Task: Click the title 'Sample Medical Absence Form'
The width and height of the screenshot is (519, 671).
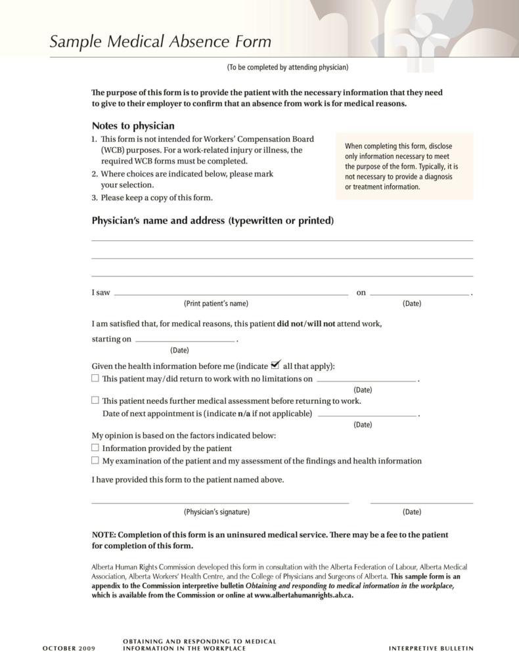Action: pyautogui.click(x=160, y=42)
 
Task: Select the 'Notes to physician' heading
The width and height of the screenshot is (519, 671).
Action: pyautogui.click(x=133, y=125)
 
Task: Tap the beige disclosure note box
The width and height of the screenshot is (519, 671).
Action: pyautogui.click(x=403, y=166)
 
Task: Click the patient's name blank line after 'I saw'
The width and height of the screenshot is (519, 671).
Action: pyautogui.click(x=231, y=294)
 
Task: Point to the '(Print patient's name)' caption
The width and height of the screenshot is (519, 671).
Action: pyautogui.click(x=215, y=303)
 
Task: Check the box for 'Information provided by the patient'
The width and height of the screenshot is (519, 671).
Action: pyautogui.click(x=95, y=447)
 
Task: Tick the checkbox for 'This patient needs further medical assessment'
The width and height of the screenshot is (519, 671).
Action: pyautogui.click(x=95, y=400)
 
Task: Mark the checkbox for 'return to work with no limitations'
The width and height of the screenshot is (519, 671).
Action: pyautogui.click(x=95, y=378)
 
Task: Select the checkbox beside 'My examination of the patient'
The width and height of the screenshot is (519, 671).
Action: pyautogui.click(x=95, y=460)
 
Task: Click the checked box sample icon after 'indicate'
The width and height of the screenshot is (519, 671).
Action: pyautogui.click(x=275, y=364)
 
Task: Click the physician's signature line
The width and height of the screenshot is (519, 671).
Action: pyautogui.click(x=219, y=502)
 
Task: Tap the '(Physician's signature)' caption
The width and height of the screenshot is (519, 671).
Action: pyautogui.click(x=216, y=512)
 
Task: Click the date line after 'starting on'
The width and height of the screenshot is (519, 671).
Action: pyautogui.click(x=185, y=341)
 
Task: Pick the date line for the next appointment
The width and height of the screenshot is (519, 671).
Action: pyautogui.click(x=367, y=415)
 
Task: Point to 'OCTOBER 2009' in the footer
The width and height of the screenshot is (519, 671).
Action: pyautogui.click(x=69, y=649)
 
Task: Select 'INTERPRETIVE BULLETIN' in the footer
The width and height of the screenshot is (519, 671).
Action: pyautogui.click(x=431, y=649)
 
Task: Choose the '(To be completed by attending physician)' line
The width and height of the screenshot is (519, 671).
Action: pyautogui.click(x=287, y=68)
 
